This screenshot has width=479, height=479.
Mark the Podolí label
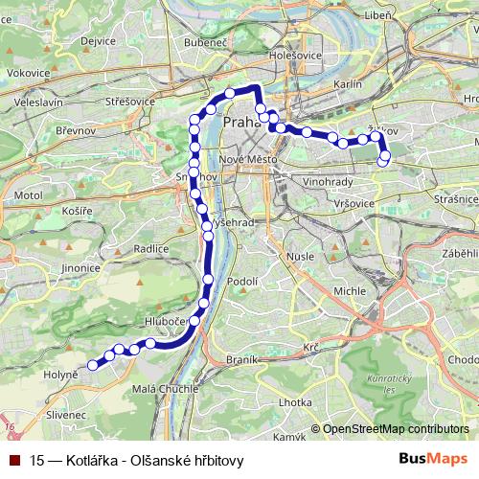[243, 281]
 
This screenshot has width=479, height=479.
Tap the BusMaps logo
[433, 460]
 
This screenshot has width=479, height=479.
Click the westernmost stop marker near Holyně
[93, 364]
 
